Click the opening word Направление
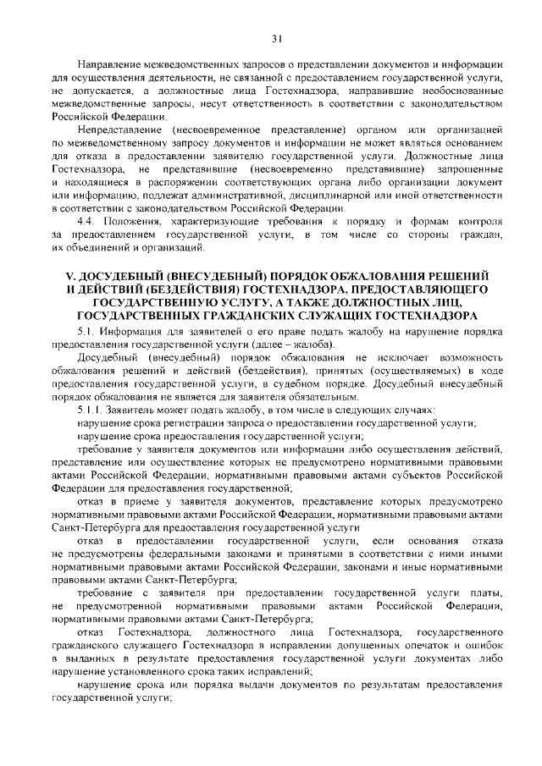point(108,65)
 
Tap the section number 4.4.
point(88,219)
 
